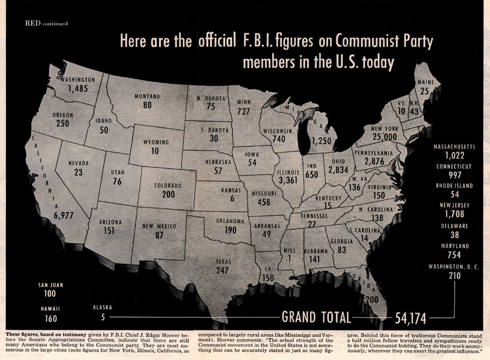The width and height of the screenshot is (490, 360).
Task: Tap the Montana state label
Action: point(147,97)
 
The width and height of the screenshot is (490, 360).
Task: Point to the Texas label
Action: point(223,261)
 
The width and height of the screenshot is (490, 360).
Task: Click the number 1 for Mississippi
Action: point(291,260)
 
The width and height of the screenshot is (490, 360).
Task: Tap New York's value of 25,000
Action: point(384,136)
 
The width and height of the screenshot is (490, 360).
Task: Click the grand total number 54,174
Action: point(414,318)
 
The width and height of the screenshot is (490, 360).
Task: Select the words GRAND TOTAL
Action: point(316,317)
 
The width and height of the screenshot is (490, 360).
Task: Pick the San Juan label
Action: point(50,284)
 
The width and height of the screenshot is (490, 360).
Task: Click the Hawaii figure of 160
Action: point(50,318)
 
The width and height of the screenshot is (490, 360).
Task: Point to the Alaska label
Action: point(102,308)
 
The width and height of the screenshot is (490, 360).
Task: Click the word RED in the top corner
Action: point(32,23)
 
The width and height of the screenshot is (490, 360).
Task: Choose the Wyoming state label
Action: point(156,142)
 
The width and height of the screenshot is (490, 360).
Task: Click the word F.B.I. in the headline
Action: point(255,42)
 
